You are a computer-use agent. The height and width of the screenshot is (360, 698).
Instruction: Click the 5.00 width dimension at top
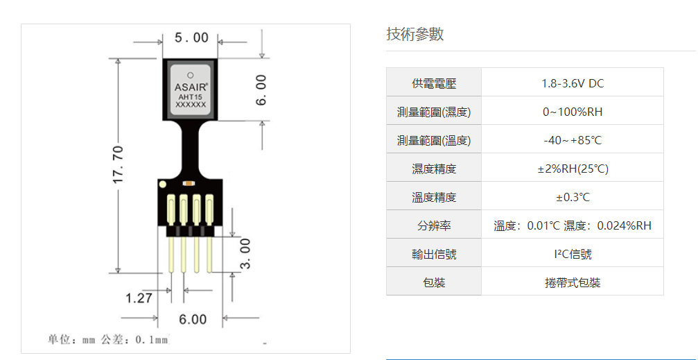click(x=191, y=37)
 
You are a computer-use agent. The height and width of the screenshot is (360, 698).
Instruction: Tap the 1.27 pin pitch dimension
click(x=139, y=298)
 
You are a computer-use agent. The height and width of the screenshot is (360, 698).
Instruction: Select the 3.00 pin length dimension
click(x=245, y=255)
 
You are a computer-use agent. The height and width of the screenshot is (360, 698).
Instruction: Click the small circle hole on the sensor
click(x=191, y=74)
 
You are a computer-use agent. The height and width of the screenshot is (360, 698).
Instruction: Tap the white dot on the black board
click(x=162, y=185)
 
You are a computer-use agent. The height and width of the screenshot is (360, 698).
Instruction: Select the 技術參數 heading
click(x=415, y=35)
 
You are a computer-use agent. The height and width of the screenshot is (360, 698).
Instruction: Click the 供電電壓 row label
click(x=434, y=83)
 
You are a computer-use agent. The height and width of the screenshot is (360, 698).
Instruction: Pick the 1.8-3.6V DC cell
click(x=573, y=83)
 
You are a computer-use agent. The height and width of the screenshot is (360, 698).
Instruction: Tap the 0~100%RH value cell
click(x=573, y=112)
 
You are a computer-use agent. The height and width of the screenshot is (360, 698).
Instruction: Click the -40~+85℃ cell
click(x=573, y=140)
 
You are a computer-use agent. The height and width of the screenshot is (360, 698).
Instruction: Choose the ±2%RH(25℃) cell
click(x=573, y=169)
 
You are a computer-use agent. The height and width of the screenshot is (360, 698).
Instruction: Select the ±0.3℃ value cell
click(x=573, y=197)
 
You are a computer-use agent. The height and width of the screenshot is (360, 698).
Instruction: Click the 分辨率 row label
click(x=434, y=225)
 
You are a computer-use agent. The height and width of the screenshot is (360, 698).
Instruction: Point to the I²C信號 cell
click(x=573, y=254)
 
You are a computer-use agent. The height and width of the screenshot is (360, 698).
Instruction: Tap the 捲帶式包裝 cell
click(x=573, y=282)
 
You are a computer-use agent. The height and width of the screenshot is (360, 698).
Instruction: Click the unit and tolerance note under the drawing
click(x=108, y=339)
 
